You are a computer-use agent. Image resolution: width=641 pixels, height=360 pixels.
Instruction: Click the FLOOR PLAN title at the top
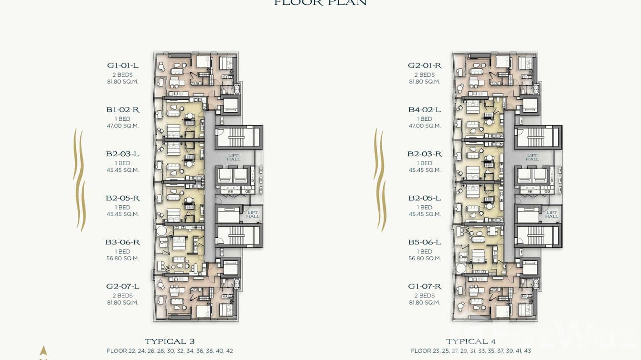click(x=320, y=3)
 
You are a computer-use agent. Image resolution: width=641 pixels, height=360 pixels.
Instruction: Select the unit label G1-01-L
click(x=123, y=65)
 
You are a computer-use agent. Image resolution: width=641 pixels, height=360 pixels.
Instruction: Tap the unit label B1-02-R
click(x=123, y=110)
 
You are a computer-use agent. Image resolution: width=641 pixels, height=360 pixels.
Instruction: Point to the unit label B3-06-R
click(x=123, y=242)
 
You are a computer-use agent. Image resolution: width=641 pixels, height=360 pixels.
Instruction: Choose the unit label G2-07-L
click(x=123, y=286)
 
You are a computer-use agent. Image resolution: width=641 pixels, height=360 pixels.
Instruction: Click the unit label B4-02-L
click(x=424, y=110)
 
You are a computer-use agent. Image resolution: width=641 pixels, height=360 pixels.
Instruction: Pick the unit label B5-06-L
click(x=424, y=242)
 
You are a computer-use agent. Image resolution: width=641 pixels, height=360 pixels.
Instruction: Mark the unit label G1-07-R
click(x=424, y=286)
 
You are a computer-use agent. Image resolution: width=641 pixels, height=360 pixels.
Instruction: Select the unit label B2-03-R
click(x=424, y=154)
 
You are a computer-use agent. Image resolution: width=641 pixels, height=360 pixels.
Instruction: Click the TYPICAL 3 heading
click(x=170, y=341)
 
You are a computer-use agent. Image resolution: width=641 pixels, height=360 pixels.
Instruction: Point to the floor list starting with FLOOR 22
click(x=170, y=351)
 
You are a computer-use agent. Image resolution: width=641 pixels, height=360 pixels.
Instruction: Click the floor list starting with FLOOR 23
click(x=470, y=351)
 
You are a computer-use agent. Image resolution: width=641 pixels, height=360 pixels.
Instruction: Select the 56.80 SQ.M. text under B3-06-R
click(x=123, y=258)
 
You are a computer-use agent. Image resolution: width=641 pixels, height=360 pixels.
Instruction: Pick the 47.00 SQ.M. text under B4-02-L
click(x=424, y=126)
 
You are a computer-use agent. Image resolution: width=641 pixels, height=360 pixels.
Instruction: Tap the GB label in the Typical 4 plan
click(x=547, y=191)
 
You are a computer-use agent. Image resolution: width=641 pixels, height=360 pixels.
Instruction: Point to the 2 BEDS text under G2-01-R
click(x=424, y=75)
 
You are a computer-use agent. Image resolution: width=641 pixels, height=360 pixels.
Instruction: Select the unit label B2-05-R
click(x=123, y=198)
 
